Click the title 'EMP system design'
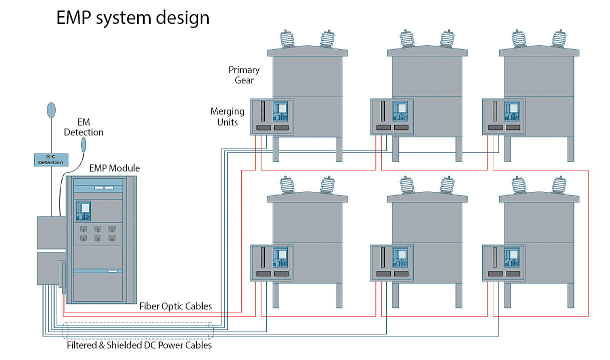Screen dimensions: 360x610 [x=133, y=17]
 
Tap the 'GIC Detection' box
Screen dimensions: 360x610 [x=51, y=159]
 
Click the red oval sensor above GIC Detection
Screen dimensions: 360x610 [x=51, y=110]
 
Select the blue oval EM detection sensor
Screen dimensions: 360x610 [x=84, y=144]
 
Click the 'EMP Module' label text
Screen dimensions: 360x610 [x=115, y=168]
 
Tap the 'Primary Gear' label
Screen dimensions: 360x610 [x=244, y=74]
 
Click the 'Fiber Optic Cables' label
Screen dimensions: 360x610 [x=176, y=306]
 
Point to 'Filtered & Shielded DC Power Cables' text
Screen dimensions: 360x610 [x=140, y=345]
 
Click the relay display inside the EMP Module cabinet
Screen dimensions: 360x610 [x=84, y=210]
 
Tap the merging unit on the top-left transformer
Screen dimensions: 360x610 [x=272, y=117]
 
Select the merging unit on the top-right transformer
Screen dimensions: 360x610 [x=504, y=117]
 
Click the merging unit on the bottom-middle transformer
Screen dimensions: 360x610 [x=392, y=263]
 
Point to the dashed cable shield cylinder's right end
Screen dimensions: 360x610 [x=210, y=331]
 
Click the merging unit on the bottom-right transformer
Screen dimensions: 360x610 [x=504, y=263]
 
